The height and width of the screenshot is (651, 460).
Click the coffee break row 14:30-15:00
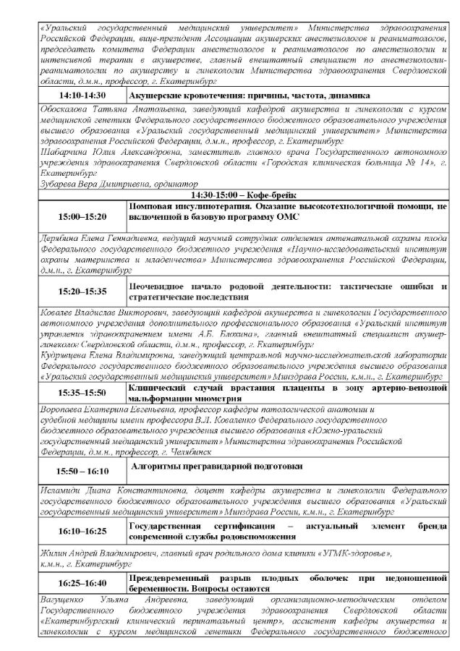pyautogui.click(x=229, y=196)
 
